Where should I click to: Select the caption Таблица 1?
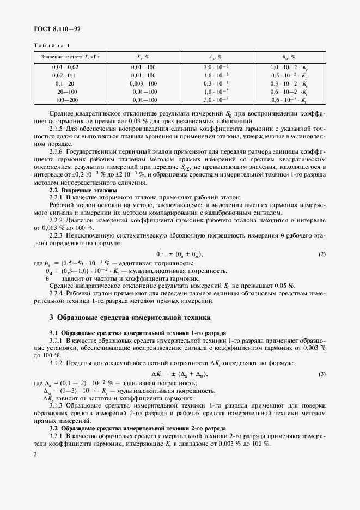pyautogui.click(x=52, y=46)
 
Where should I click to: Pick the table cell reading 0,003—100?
pyautogui.click(x=144, y=83)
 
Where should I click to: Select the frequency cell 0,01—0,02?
pyautogui.click(x=65, y=66)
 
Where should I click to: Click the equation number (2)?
pyautogui.click(x=322, y=254)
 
